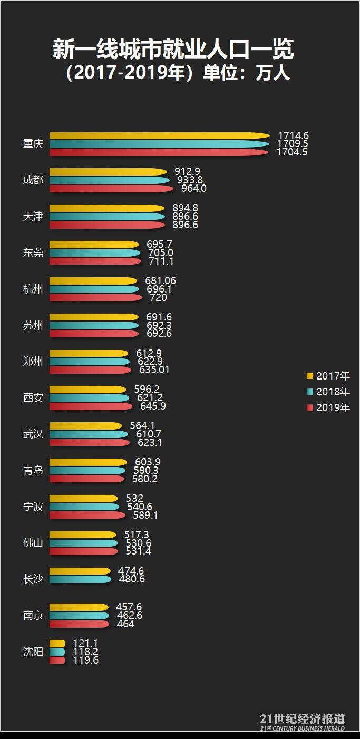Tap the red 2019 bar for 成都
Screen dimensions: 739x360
(x=111, y=189)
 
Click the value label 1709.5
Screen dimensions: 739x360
(x=292, y=144)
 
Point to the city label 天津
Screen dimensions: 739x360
(x=33, y=217)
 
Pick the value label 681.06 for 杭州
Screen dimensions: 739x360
(x=160, y=281)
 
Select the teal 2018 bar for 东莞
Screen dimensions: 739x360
(x=95, y=253)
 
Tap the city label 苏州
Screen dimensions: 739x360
(x=33, y=325)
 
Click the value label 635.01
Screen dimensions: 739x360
(x=154, y=370)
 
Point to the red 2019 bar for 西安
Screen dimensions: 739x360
(x=91, y=406)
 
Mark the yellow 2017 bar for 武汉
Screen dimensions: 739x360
(x=85, y=426)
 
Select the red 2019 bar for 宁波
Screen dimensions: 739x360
(x=87, y=515)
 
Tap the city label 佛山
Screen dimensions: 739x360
(x=33, y=543)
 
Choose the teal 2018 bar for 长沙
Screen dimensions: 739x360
(x=80, y=579)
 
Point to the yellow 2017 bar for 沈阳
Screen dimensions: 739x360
(x=57, y=644)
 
